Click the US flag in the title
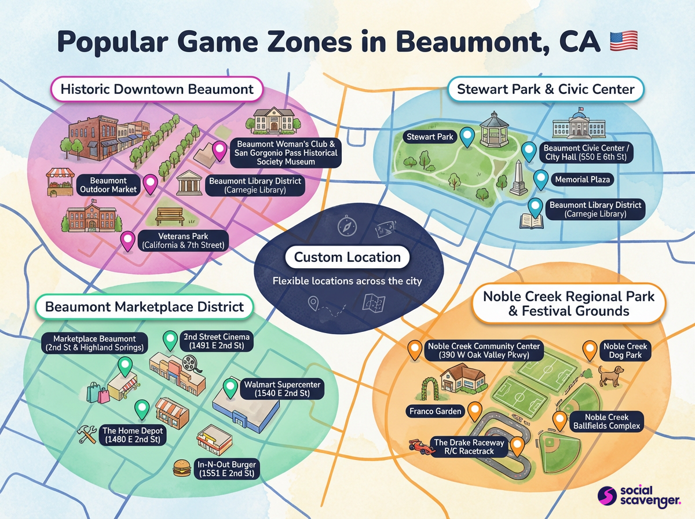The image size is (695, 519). (x=624, y=41)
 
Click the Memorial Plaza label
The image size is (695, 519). (x=582, y=180)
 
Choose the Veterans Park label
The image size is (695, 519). (x=184, y=240)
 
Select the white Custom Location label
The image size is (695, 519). (x=347, y=257)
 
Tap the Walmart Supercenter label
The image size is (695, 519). (x=282, y=389)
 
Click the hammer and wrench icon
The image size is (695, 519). (x=90, y=434)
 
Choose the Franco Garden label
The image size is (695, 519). (x=436, y=411)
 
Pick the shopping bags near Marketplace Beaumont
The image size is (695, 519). (x=98, y=393)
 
